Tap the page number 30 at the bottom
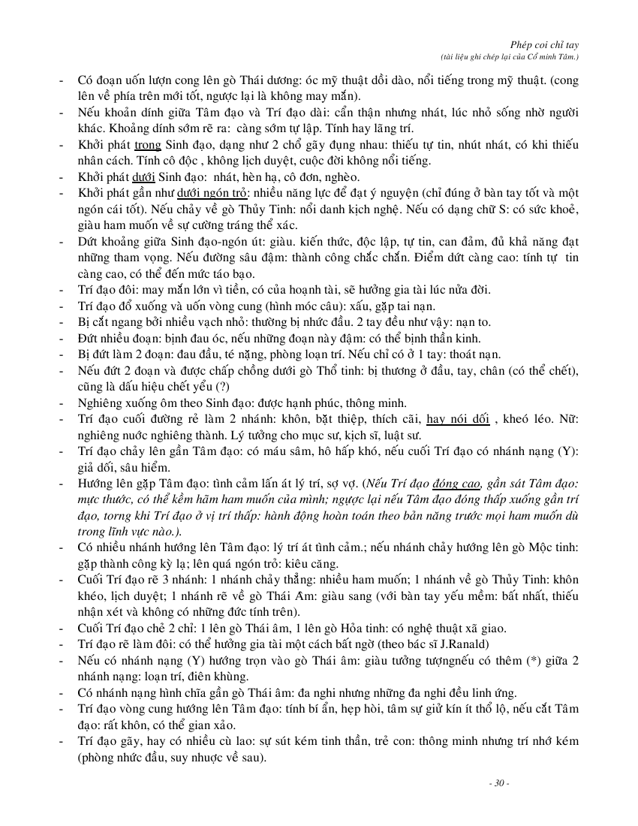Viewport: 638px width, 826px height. pyautogui.click(x=499, y=783)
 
